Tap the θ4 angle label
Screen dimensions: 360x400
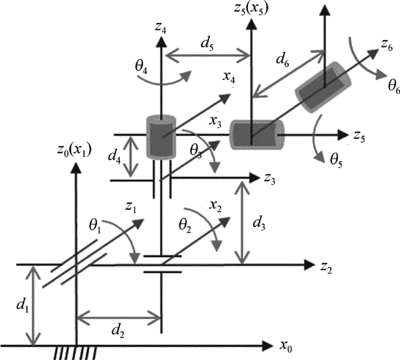[x=142, y=67]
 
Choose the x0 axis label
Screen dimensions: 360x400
[x=286, y=346]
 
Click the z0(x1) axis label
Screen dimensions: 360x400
[x=72, y=150]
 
